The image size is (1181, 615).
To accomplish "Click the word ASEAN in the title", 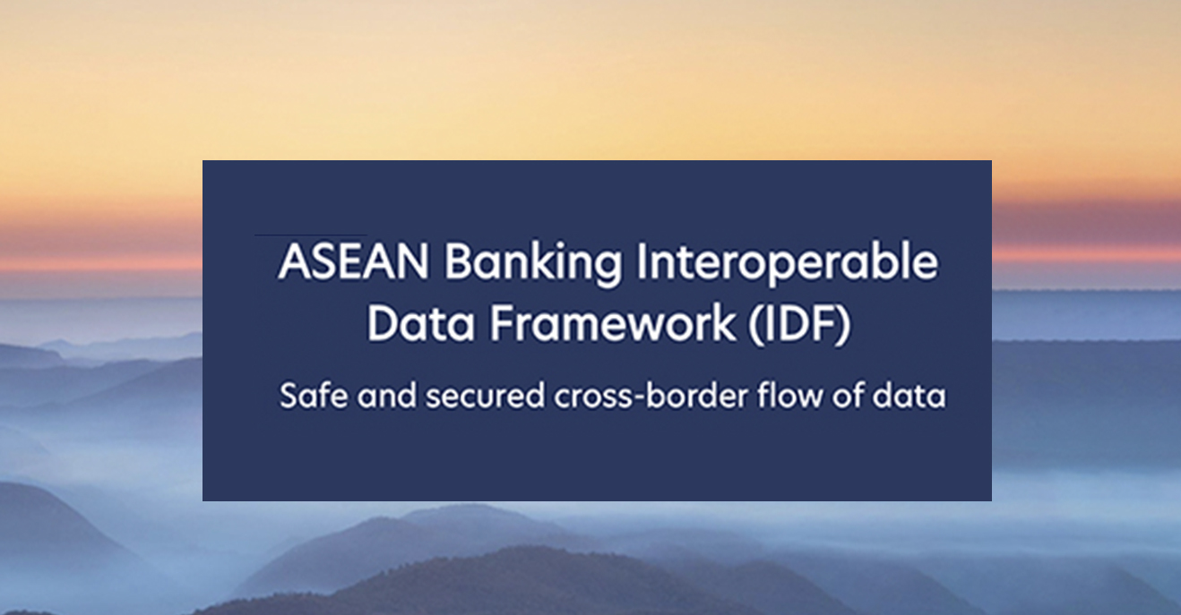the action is pyautogui.click(x=353, y=261).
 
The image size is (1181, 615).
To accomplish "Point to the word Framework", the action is pyautogui.click(x=612, y=323).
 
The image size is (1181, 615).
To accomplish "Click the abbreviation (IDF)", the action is pyautogui.click(x=799, y=325).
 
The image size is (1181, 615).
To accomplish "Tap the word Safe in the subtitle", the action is pyautogui.click(x=314, y=396).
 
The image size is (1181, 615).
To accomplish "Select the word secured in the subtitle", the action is pyautogui.click(x=485, y=396).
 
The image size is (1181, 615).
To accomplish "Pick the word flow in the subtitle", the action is pyautogui.click(x=789, y=396).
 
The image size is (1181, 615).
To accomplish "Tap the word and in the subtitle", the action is pyautogui.click(x=386, y=396).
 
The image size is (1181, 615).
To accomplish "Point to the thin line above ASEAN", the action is pyautogui.click(x=311, y=235).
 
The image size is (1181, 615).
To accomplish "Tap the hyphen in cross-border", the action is pyautogui.click(x=640, y=398).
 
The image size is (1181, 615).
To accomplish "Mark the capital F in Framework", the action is pyautogui.click(x=502, y=323).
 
